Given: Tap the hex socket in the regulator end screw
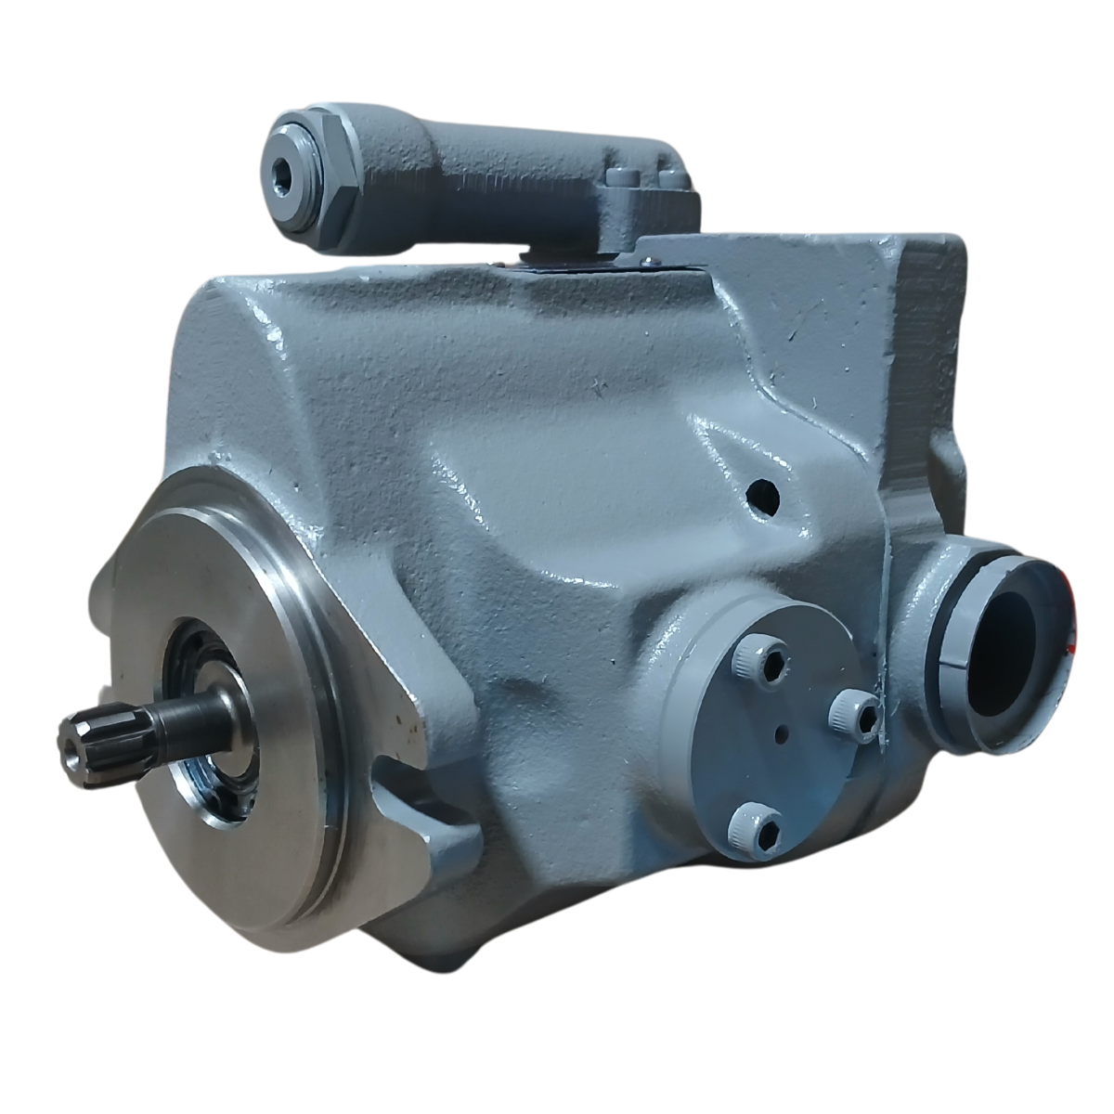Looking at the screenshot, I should pos(282,168).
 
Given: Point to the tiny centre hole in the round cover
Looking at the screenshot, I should pos(782,736).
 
